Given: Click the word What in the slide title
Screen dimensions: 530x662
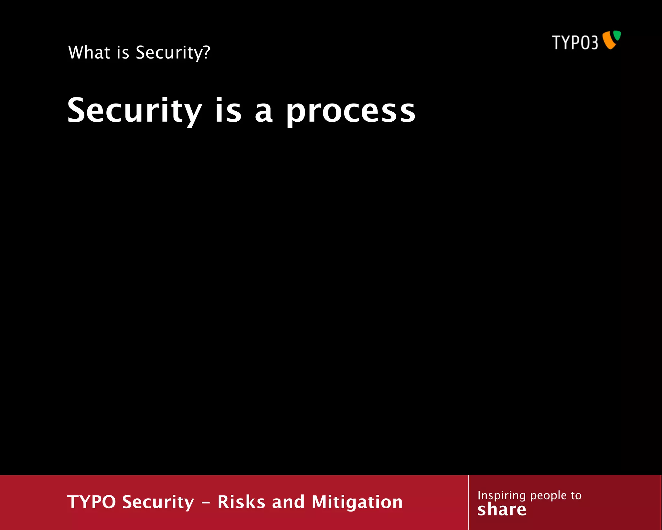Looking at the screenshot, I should tap(89, 52).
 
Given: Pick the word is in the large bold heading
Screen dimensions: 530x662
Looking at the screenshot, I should tap(228, 111).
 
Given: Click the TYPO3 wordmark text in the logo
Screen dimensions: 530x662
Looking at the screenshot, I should tap(575, 43).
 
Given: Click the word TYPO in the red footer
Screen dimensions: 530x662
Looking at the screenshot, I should tap(91, 502).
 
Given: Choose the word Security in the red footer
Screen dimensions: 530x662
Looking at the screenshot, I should tap(158, 502).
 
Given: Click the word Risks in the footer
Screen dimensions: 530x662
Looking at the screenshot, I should tap(241, 502).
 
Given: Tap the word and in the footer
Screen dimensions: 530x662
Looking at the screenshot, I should tap(288, 502).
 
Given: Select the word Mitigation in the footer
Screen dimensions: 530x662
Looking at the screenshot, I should tap(357, 502).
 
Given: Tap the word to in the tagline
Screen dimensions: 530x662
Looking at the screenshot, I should tap(576, 495).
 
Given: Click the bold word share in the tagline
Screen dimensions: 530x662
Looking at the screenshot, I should tap(502, 510).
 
